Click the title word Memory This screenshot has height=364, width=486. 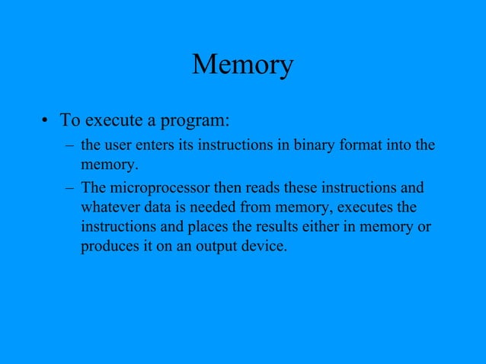tap(242, 65)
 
